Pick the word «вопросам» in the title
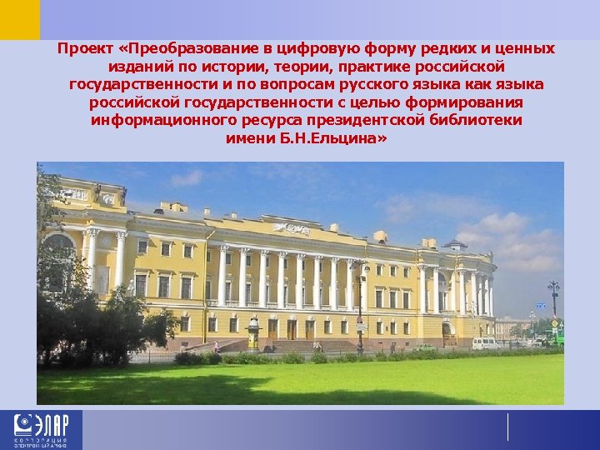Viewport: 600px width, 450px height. [320, 84]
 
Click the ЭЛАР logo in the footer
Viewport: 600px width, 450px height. [41, 430]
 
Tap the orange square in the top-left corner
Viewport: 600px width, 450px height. [19, 19]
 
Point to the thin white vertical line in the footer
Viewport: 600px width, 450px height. [507, 427]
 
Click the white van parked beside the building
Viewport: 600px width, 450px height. [486, 342]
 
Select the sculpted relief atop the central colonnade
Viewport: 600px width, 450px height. [291, 228]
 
